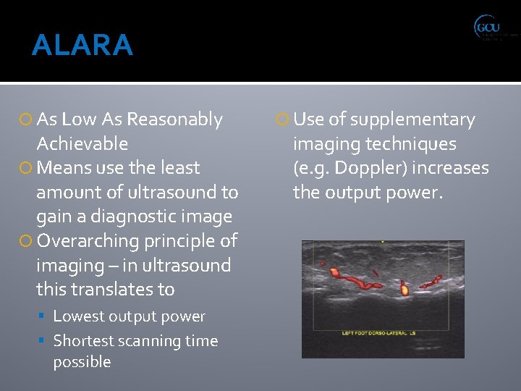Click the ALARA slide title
[x=82, y=45]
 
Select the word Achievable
[x=82, y=143]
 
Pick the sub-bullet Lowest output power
[x=129, y=316]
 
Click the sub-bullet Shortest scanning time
[x=135, y=340]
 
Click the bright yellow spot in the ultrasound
[x=404, y=290]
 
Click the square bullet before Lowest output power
[x=45, y=317]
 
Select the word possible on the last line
[x=82, y=361]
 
